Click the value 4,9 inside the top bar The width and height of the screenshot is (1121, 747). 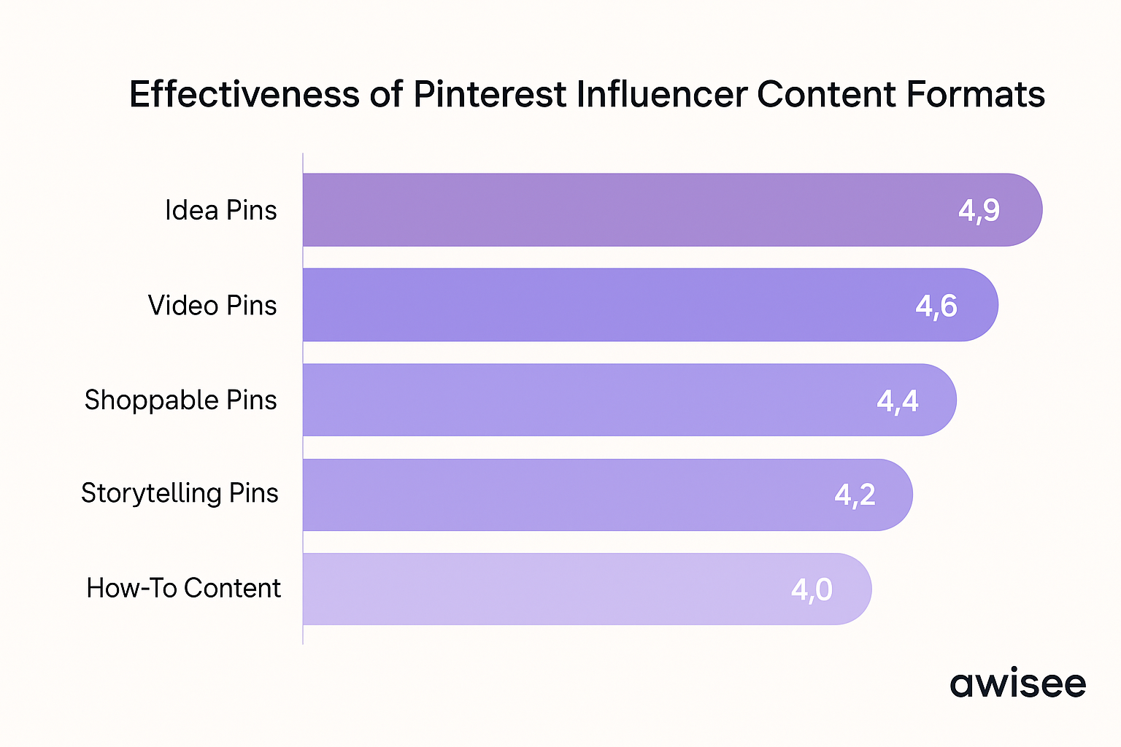979,211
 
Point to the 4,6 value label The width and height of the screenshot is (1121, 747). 936,306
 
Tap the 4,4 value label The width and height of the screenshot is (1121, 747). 898,400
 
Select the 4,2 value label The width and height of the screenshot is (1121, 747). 855,495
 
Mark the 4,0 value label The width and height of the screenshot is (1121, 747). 812,589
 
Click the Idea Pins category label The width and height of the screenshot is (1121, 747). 220,211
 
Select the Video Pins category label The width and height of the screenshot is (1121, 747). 212,306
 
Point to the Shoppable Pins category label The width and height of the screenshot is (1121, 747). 180,400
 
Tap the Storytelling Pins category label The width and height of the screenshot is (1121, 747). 180,494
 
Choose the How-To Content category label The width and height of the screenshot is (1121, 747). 183,588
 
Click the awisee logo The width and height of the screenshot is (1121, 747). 1017,684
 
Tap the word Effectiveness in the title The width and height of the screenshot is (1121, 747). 244,95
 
